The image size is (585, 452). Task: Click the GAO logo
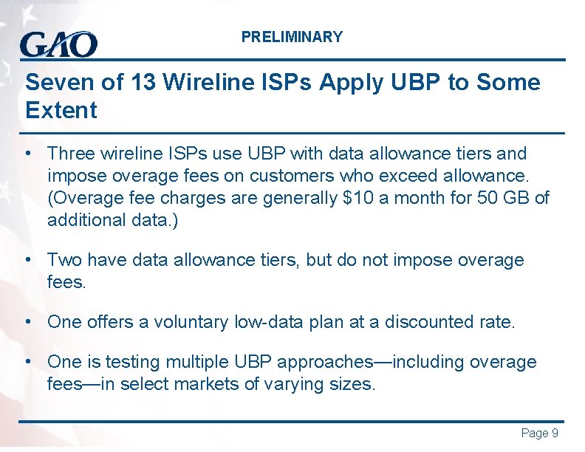click(58, 44)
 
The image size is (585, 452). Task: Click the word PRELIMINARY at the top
click(292, 37)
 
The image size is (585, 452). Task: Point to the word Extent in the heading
click(61, 111)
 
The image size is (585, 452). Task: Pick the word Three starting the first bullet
click(70, 154)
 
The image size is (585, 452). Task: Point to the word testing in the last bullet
click(132, 362)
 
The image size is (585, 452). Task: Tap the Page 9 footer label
click(539, 434)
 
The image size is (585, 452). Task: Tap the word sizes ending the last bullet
click(352, 384)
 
